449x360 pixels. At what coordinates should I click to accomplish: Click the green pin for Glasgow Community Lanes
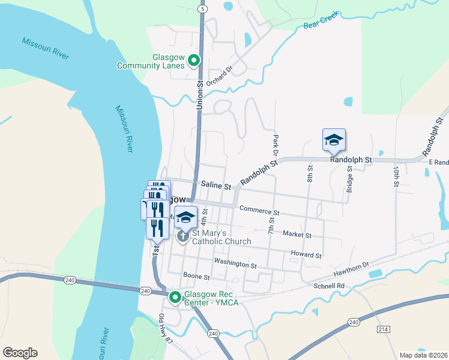(x=194, y=60)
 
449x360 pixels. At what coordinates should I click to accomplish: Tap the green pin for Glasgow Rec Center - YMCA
(x=175, y=297)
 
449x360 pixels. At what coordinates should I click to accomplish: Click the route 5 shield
(x=202, y=9)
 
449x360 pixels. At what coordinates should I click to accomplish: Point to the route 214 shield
(x=384, y=330)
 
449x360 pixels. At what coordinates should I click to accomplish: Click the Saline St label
(x=216, y=186)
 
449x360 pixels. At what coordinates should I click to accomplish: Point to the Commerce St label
(x=259, y=210)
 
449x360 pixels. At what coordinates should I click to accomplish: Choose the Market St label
(x=297, y=235)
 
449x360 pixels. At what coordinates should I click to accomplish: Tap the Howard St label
(x=306, y=255)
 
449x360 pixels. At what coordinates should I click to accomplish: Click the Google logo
(x=20, y=353)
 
